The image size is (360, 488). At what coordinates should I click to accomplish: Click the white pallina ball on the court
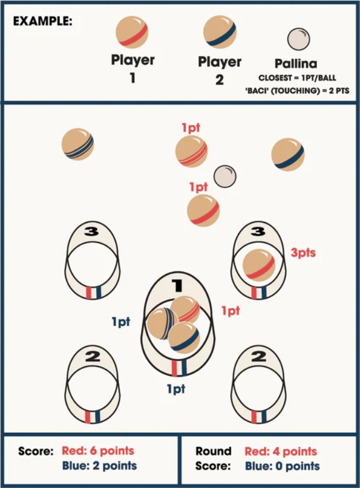(x=225, y=176)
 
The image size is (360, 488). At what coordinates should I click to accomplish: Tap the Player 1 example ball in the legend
(x=132, y=32)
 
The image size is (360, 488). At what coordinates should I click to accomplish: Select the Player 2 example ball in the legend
(x=219, y=32)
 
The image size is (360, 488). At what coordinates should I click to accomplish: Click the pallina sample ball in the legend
(x=298, y=39)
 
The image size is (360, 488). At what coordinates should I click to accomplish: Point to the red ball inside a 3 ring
(x=258, y=265)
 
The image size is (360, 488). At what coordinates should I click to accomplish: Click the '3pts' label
(x=304, y=252)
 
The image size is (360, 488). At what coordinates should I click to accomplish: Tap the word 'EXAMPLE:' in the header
(x=43, y=21)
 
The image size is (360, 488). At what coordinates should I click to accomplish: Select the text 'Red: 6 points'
(x=103, y=451)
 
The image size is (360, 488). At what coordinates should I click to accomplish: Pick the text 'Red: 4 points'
(x=281, y=451)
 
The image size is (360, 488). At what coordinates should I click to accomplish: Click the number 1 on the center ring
(x=177, y=284)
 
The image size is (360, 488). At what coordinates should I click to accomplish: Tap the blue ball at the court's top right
(x=288, y=154)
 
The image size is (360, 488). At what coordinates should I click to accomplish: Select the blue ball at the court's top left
(x=78, y=144)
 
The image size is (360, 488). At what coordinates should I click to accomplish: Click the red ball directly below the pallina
(x=203, y=210)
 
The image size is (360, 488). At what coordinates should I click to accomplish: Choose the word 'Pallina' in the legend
(x=296, y=64)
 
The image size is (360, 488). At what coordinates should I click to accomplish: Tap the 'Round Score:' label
(x=213, y=458)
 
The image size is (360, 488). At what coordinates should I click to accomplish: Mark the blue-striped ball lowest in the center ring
(x=184, y=337)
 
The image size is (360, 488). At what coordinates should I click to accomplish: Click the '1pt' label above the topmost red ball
(x=190, y=128)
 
